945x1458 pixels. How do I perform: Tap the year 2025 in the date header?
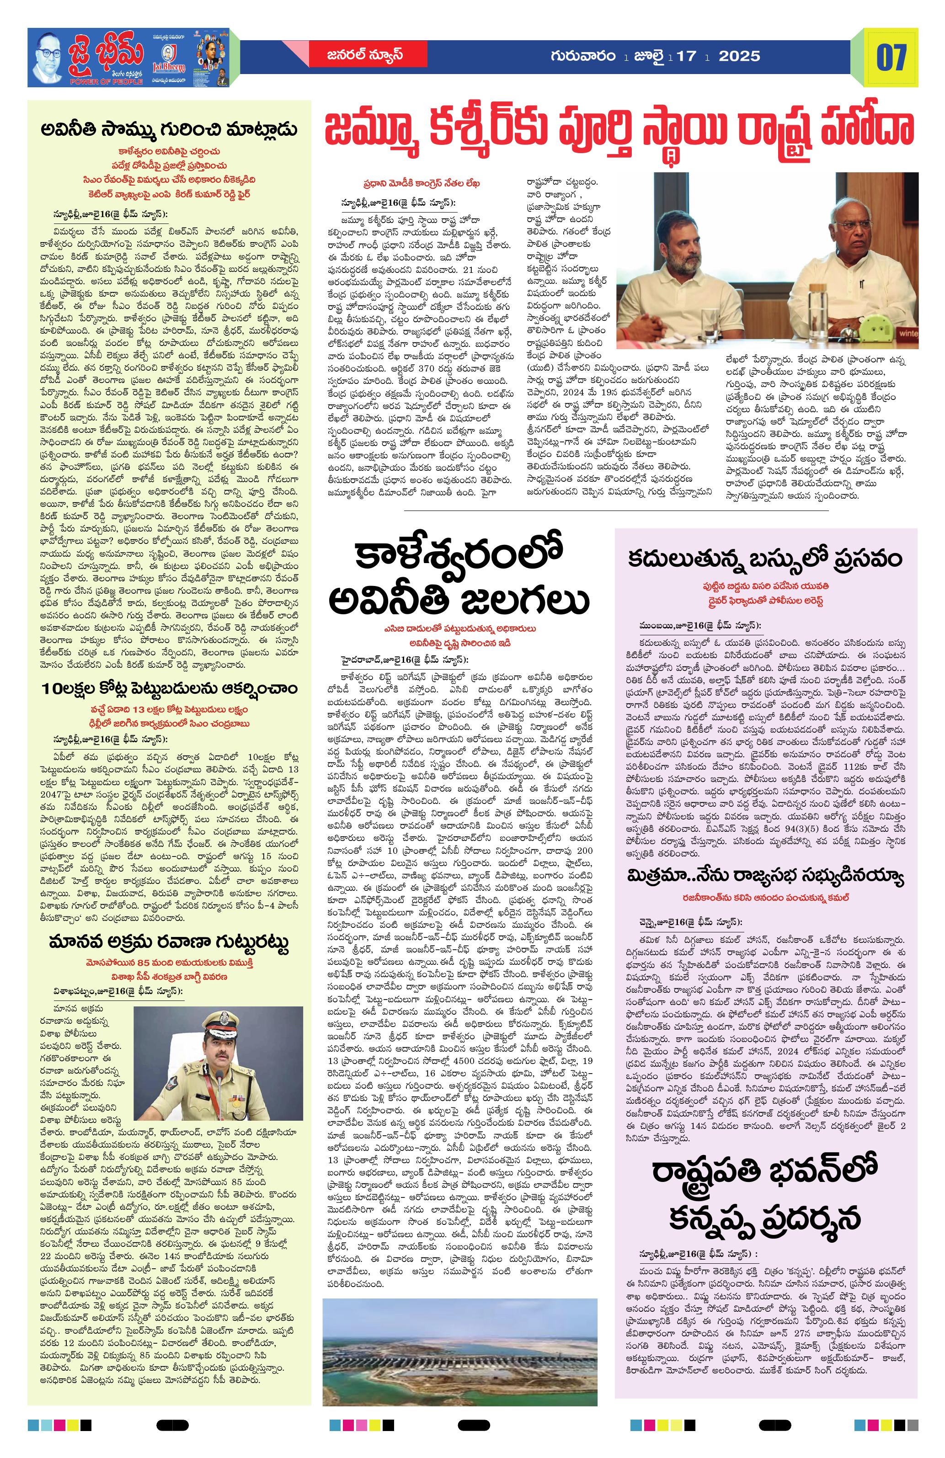tap(739, 56)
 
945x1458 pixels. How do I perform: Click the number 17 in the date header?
tap(688, 56)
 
